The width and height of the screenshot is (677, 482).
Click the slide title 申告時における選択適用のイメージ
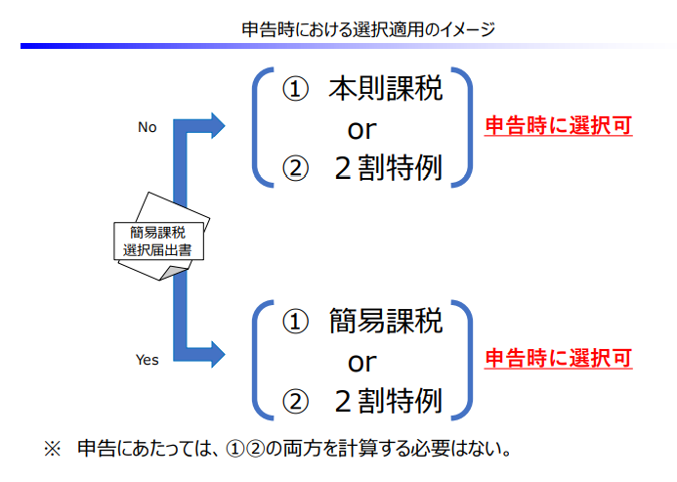[368, 29]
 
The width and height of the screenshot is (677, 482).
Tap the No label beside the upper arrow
[148, 126]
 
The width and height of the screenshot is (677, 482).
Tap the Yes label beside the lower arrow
[147, 360]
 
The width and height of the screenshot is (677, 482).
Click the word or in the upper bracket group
[361, 129]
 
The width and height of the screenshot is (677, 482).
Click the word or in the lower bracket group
[361, 362]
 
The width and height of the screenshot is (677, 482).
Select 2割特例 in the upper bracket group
[387, 169]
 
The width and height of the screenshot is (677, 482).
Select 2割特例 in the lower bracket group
[387, 400]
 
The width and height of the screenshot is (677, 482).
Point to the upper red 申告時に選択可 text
[559, 126]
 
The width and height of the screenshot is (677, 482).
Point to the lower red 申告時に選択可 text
[559, 357]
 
